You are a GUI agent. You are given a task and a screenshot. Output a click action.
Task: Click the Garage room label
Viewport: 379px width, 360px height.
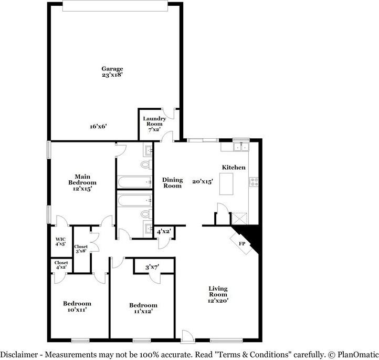click(x=112, y=71)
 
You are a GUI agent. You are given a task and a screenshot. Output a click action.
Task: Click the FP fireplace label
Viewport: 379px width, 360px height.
click(x=242, y=244)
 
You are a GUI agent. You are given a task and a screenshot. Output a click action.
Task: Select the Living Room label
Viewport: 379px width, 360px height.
click(x=218, y=294)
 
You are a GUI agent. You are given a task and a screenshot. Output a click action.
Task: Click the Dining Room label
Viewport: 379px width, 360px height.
click(x=172, y=182)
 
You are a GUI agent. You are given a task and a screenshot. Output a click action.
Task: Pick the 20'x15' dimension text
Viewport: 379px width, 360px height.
click(x=202, y=182)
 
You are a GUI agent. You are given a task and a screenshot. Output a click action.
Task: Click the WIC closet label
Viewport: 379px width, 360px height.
click(x=60, y=241)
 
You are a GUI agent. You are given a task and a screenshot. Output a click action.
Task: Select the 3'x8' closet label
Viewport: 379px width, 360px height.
click(x=81, y=249)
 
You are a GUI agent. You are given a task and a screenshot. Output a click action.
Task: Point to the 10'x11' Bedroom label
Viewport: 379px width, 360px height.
click(x=77, y=306)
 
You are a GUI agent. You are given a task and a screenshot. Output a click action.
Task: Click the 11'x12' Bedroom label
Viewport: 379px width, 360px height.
click(x=143, y=308)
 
